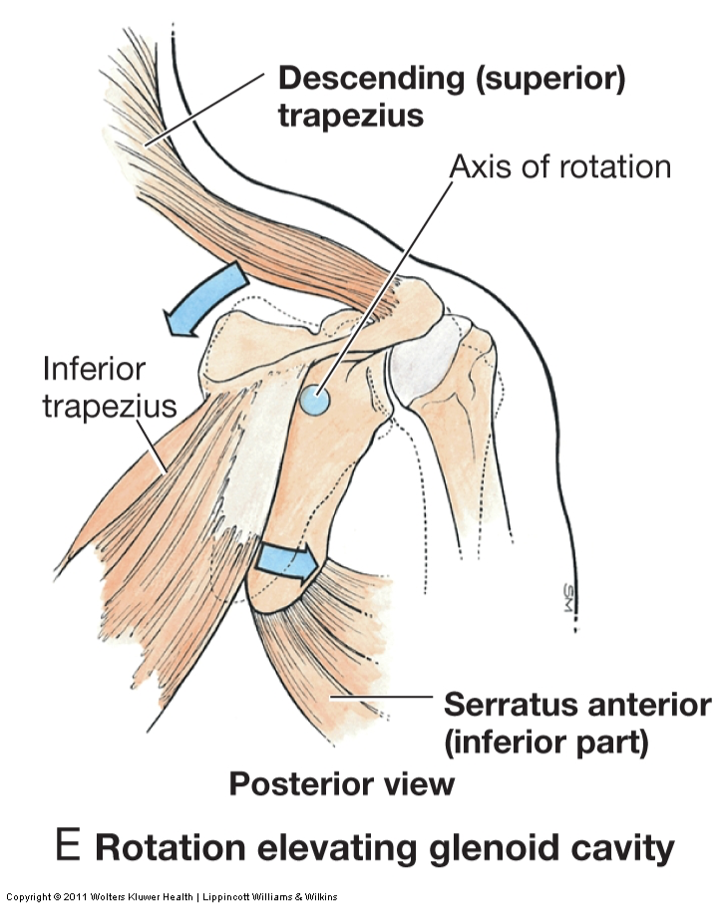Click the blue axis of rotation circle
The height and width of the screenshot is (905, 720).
(x=315, y=401)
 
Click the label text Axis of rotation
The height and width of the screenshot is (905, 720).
(x=559, y=165)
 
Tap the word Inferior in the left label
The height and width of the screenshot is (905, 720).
(x=94, y=370)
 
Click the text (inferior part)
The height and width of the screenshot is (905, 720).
(x=546, y=742)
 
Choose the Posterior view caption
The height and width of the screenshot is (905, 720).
(x=342, y=783)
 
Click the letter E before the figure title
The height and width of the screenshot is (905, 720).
(x=68, y=846)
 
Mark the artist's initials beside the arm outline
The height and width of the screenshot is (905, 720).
(x=571, y=599)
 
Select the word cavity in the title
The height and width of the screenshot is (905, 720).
(x=616, y=848)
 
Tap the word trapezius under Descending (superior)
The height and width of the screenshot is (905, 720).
(x=350, y=116)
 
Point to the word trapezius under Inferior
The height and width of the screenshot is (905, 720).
(x=110, y=407)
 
